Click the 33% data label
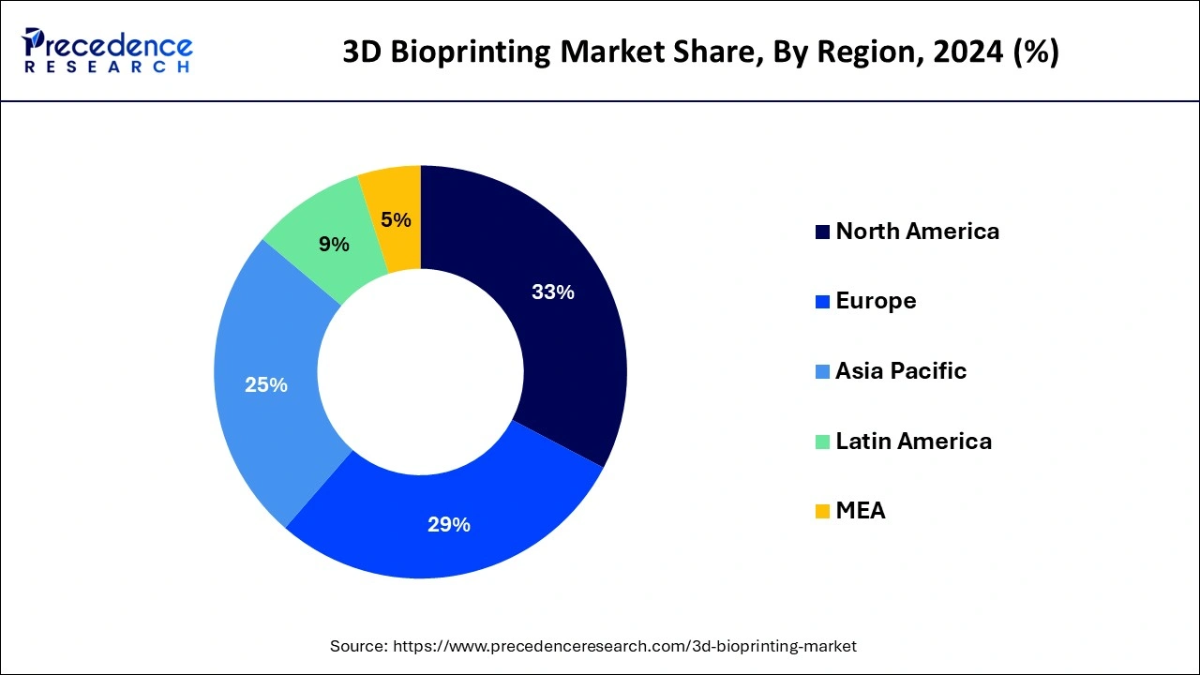(552, 292)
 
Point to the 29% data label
(448, 525)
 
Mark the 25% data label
(265, 384)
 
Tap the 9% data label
(334, 245)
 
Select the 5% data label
(396, 219)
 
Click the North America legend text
(917, 232)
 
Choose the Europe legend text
(876, 301)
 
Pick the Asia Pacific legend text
(901, 371)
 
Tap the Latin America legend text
(913, 441)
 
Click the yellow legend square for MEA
(822, 512)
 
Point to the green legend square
(822, 442)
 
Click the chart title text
(700, 52)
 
